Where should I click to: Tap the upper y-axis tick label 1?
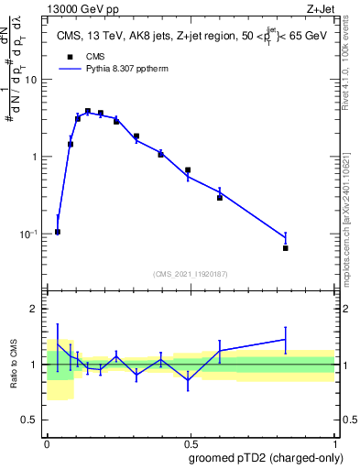click(36, 157)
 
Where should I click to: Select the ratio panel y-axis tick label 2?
click(36, 309)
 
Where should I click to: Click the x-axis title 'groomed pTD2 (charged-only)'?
click(267, 458)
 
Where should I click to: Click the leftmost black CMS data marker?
click(58, 232)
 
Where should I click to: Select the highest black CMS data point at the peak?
click(88, 111)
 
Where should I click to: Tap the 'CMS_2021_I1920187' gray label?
click(191, 273)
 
